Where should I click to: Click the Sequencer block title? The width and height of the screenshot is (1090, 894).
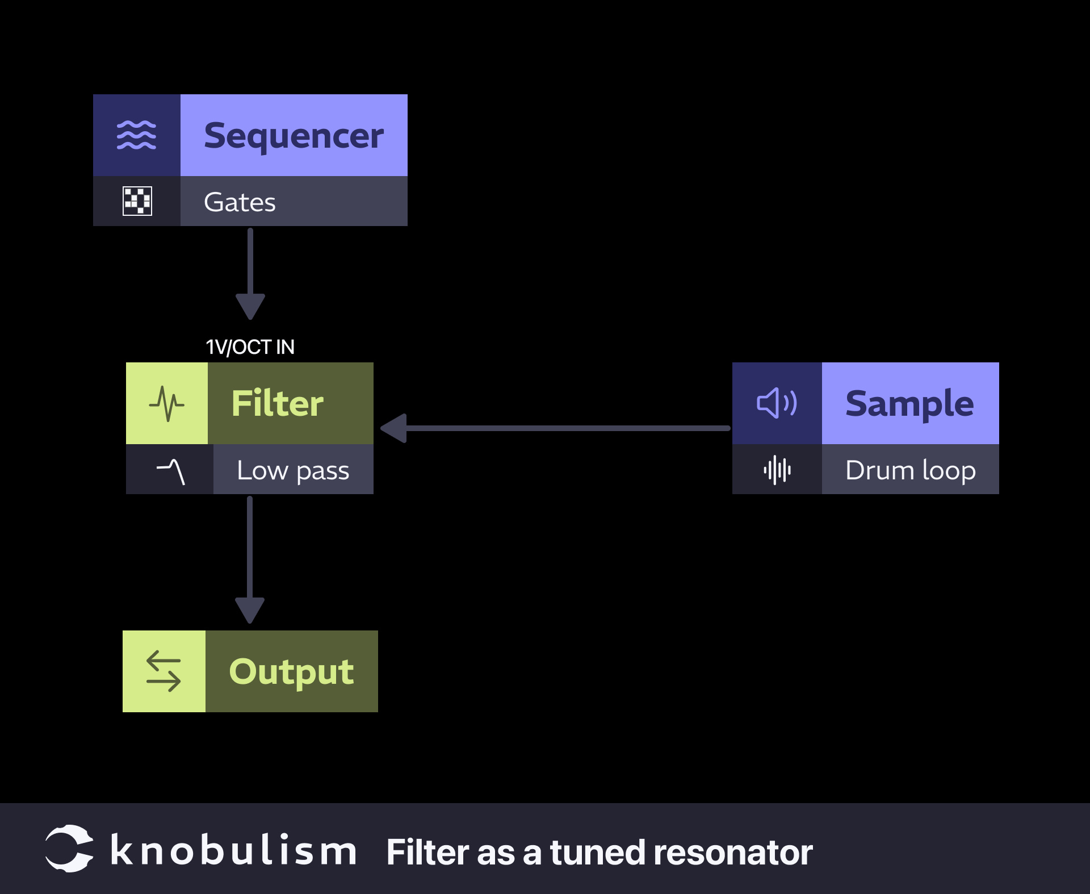click(294, 136)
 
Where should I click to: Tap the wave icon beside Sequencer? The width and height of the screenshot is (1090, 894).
click(136, 135)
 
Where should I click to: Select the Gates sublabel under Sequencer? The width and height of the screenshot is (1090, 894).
click(240, 202)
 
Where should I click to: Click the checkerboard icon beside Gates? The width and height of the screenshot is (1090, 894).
click(137, 201)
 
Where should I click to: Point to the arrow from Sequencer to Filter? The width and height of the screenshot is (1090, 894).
click(250, 273)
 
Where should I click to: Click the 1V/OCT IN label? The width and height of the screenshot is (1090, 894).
click(250, 346)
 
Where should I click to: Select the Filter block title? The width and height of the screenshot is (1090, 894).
click(277, 403)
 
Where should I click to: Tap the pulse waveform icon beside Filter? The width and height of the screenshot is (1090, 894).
click(166, 403)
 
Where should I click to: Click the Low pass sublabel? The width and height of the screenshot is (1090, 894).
click(293, 470)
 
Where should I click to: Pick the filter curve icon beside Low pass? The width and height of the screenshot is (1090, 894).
click(170, 470)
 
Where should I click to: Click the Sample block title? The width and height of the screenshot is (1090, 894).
click(909, 403)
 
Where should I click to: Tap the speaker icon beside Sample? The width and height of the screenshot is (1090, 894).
click(777, 403)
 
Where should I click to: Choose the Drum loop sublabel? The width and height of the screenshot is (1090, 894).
click(910, 470)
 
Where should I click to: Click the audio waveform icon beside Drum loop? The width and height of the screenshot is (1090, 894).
click(777, 470)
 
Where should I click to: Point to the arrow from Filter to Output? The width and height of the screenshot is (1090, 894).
click(250, 559)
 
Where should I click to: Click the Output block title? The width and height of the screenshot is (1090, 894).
click(291, 671)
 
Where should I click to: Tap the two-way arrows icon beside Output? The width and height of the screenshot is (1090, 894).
click(163, 671)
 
